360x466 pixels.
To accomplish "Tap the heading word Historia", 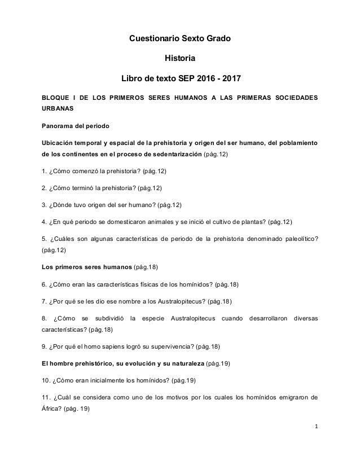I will (x=180, y=58).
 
